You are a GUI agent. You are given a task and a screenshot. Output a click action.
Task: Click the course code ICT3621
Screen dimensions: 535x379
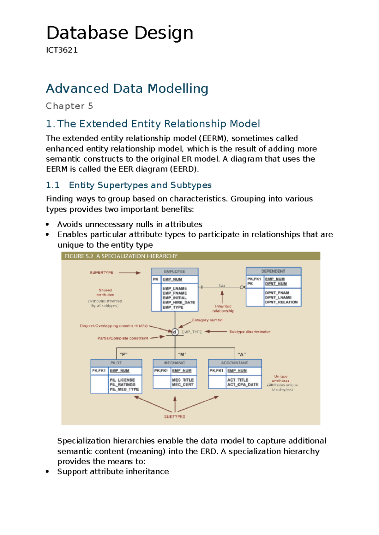pyautogui.click(x=62, y=50)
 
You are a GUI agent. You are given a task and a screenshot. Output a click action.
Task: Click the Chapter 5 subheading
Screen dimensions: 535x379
pyautogui.click(x=69, y=106)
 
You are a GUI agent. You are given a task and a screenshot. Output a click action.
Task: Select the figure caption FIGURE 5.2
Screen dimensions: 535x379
pyautogui.click(x=79, y=256)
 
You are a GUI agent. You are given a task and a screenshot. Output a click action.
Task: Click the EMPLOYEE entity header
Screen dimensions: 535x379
pyautogui.click(x=175, y=272)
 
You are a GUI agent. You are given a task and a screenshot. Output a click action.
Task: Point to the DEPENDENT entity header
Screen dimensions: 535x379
pyautogui.click(x=273, y=271)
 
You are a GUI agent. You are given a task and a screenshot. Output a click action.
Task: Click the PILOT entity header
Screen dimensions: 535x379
pyautogui.click(x=116, y=363)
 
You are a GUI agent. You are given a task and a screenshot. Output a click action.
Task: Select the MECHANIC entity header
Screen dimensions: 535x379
pyautogui.click(x=175, y=363)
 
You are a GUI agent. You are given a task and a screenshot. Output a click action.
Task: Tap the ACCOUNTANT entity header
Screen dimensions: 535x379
pyautogui.click(x=235, y=363)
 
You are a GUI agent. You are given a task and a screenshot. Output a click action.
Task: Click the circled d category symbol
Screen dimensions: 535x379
pyautogui.click(x=175, y=332)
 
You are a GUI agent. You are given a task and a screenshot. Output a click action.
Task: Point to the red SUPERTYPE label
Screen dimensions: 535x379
pyautogui.click(x=101, y=273)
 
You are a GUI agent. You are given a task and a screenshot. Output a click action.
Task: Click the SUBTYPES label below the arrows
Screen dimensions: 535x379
pyautogui.click(x=175, y=417)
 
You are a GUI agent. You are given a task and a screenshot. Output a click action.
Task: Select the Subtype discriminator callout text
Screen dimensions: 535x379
pyautogui.click(x=250, y=332)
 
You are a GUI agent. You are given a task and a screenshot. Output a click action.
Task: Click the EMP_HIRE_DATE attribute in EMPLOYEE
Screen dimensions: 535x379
pyautogui.click(x=179, y=302)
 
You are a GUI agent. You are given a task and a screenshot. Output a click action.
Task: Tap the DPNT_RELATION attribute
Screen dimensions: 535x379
pyautogui.click(x=281, y=302)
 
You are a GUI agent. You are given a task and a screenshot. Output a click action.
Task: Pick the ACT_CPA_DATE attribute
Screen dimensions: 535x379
pyautogui.click(x=243, y=385)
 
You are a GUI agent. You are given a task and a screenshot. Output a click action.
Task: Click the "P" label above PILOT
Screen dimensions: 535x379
pyautogui.click(x=123, y=354)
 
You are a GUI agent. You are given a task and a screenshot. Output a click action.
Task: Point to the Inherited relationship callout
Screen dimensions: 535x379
pyautogui.click(x=223, y=309)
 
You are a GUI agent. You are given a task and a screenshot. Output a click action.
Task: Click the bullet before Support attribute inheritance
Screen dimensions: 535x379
pyautogui.click(x=47, y=472)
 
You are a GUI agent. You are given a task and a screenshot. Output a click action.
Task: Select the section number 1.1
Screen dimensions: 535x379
pyautogui.click(x=53, y=185)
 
